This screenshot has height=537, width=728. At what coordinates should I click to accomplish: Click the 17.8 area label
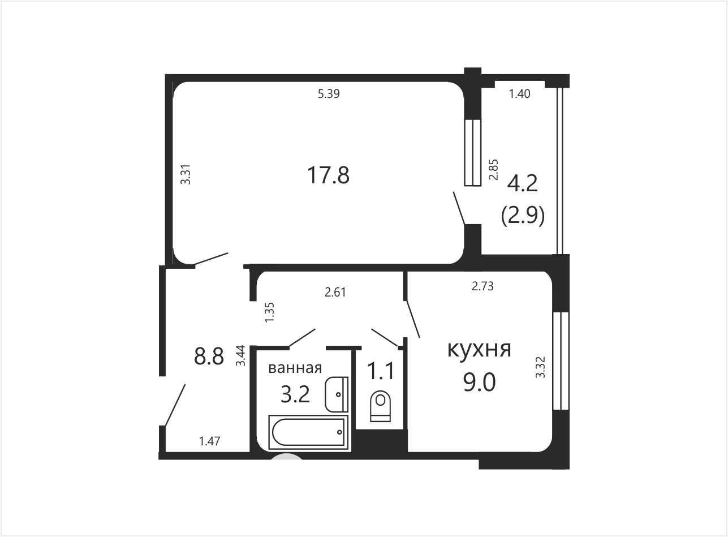(x=328, y=175)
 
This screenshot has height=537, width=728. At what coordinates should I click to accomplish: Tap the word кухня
(x=479, y=350)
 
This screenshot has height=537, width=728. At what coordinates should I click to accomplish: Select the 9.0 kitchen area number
(x=479, y=383)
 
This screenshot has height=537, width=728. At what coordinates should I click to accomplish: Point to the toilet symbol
(x=380, y=406)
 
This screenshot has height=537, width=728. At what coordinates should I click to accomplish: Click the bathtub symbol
(x=308, y=433)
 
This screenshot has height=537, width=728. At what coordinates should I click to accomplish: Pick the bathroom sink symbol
(x=337, y=394)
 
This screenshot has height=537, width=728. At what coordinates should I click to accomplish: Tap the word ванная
(x=295, y=368)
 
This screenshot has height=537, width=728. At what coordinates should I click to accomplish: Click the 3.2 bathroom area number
(x=295, y=395)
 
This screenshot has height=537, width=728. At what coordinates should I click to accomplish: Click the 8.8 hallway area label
(x=209, y=356)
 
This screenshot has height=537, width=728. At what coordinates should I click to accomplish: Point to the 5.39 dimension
(x=329, y=94)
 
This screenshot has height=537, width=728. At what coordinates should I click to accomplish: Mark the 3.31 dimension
(x=186, y=174)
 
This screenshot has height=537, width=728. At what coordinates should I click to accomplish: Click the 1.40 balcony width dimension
(x=519, y=94)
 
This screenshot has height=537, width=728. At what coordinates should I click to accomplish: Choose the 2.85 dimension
(x=494, y=169)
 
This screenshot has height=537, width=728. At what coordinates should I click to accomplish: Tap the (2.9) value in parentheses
(x=523, y=217)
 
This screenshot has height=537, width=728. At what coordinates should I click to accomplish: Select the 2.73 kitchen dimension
(x=483, y=286)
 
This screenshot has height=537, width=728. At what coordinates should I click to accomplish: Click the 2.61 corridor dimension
(x=335, y=292)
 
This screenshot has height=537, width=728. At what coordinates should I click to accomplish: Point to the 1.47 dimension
(x=210, y=441)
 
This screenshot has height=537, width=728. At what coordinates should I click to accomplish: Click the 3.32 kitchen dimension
(x=540, y=367)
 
